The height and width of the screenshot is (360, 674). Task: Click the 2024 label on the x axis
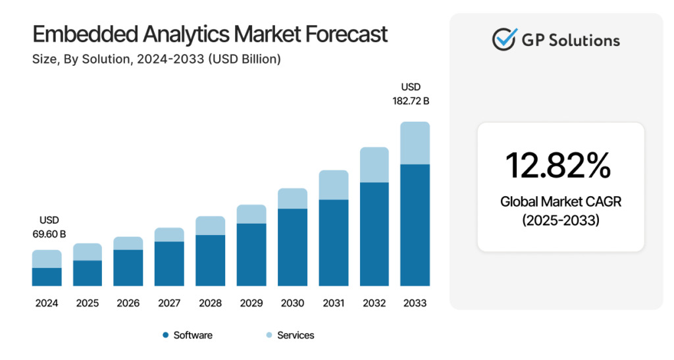point(47,303)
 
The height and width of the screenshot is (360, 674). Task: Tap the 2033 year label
point(415,303)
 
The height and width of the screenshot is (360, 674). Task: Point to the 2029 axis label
point(251,303)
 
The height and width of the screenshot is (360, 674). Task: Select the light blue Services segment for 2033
point(415,143)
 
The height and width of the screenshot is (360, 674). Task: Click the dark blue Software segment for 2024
point(47,277)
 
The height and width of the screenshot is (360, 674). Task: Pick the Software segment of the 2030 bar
point(292,247)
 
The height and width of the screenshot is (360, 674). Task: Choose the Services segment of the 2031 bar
point(333,185)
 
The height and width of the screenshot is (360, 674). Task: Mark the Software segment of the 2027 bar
point(169,264)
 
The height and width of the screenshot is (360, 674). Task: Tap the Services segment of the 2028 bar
point(210,226)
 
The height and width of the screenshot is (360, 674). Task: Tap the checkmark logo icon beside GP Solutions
point(504,39)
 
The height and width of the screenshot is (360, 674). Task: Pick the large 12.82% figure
point(557,165)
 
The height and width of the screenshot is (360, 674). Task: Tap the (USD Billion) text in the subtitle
point(244,59)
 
